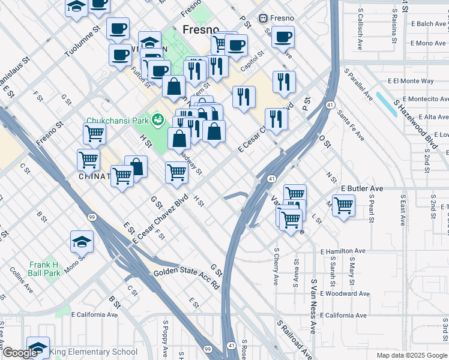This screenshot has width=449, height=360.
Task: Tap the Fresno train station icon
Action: coord(263,18)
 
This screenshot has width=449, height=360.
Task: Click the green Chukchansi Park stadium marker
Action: coord(158,119)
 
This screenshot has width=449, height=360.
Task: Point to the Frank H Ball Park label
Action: coord(45,269)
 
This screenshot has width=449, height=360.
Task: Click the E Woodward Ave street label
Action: coord(343,293)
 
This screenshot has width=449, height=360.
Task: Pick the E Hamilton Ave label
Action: coord(343,251)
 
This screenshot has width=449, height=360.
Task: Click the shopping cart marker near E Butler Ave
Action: coord(343,205)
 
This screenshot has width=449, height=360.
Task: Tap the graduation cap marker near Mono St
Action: coord(82,241)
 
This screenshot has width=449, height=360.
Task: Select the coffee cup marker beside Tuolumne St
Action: coord(118,28)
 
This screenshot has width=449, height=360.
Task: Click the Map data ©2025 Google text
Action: coord(412,355)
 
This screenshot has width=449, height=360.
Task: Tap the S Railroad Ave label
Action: coord(294,339)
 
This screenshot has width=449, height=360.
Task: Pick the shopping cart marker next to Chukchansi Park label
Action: coord(94,134)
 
